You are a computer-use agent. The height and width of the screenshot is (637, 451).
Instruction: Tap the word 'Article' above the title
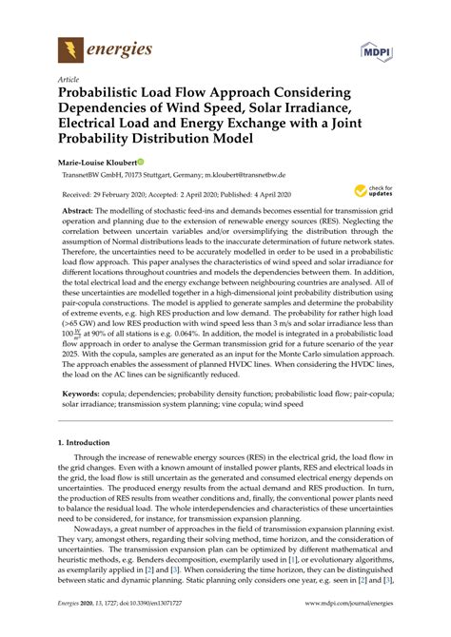pos(69,81)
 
